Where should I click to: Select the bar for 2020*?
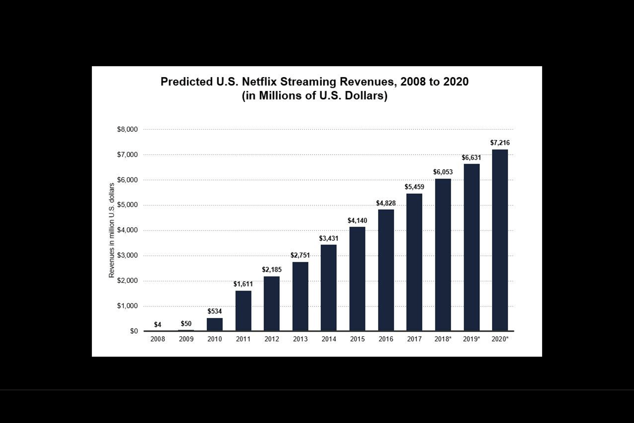(x=500, y=240)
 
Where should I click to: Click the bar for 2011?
(x=243, y=311)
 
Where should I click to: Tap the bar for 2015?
(x=357, y=279)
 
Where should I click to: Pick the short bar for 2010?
(x=215, y=324)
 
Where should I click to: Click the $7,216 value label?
(x=500, y=143)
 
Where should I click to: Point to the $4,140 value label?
(x=357, y=220)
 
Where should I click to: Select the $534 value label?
(x=215, y=311)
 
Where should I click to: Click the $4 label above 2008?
(x=158, y=325)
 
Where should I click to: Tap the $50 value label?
(x=186, y=324)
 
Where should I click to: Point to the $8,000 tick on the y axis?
(x=127, y=130)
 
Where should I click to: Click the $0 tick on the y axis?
(x=134, y=331)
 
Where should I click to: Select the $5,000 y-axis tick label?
(x=127, y=205)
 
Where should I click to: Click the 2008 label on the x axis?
(x=158, y=339)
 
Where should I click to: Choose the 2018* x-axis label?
(x=443, y=339)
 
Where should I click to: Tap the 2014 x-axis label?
(x=329, y=339)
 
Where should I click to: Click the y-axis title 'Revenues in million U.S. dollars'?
(x=112, y=231)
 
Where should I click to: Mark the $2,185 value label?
(x=272, y=270)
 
